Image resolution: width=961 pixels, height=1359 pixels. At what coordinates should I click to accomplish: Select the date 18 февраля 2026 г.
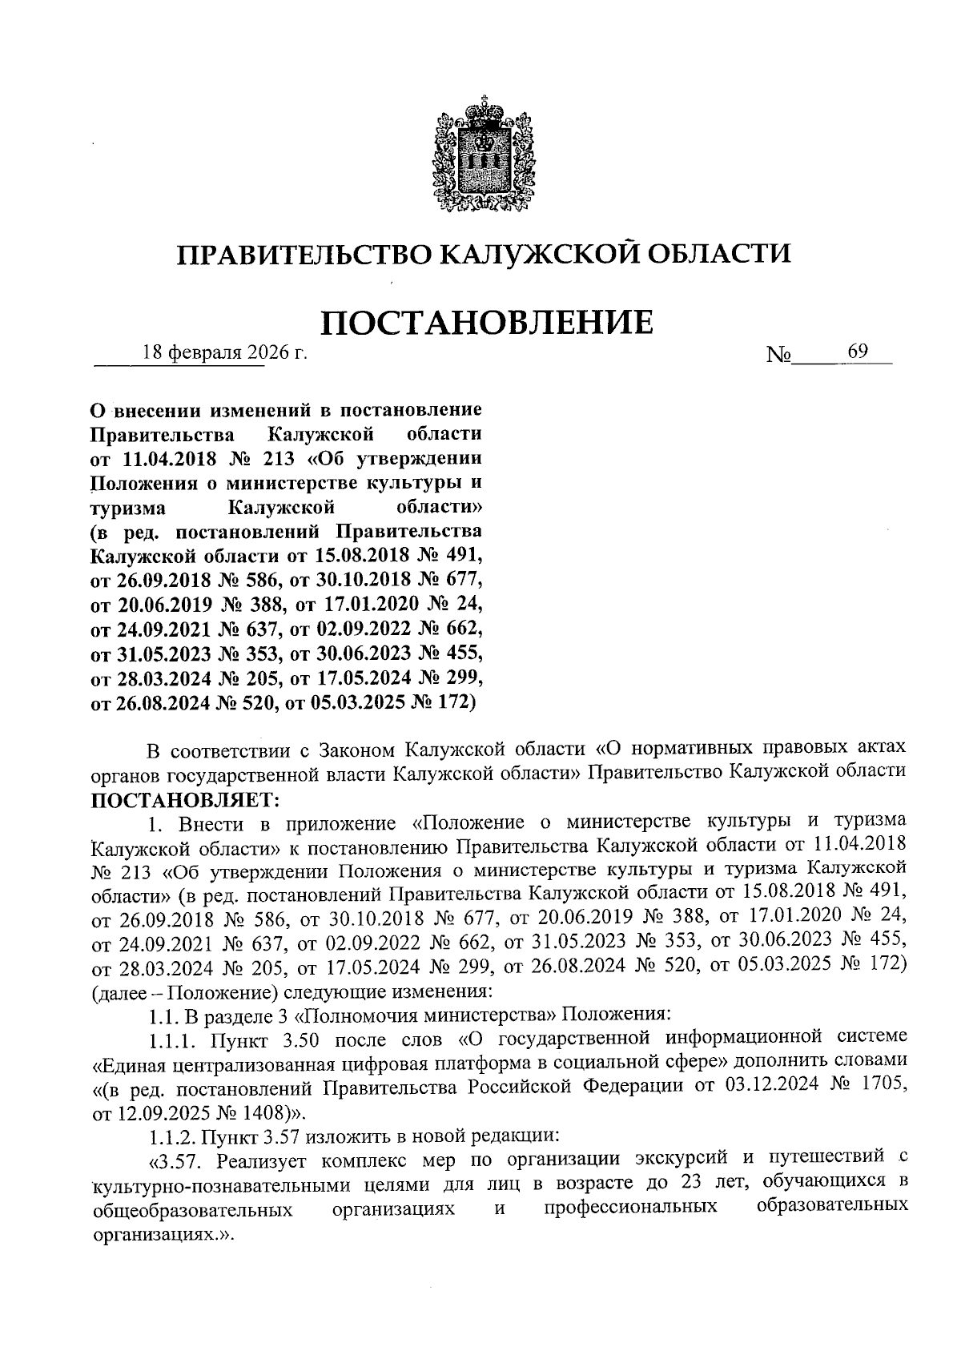point(225,352)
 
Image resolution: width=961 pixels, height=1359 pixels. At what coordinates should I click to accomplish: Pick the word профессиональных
point(629,1207)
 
